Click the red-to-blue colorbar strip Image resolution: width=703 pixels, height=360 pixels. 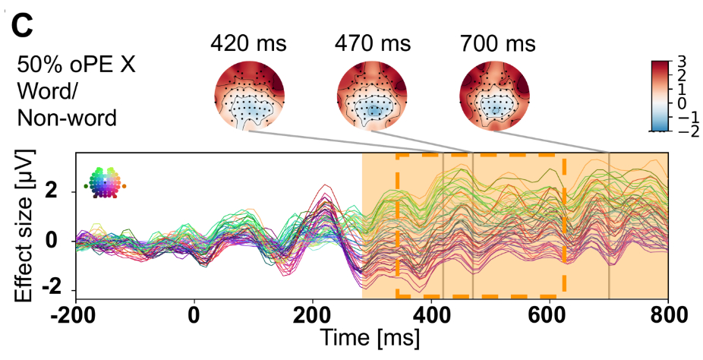coord(659,96)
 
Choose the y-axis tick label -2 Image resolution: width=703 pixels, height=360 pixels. coord(55,290)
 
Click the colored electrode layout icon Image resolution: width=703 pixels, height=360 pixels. coord(105,182)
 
